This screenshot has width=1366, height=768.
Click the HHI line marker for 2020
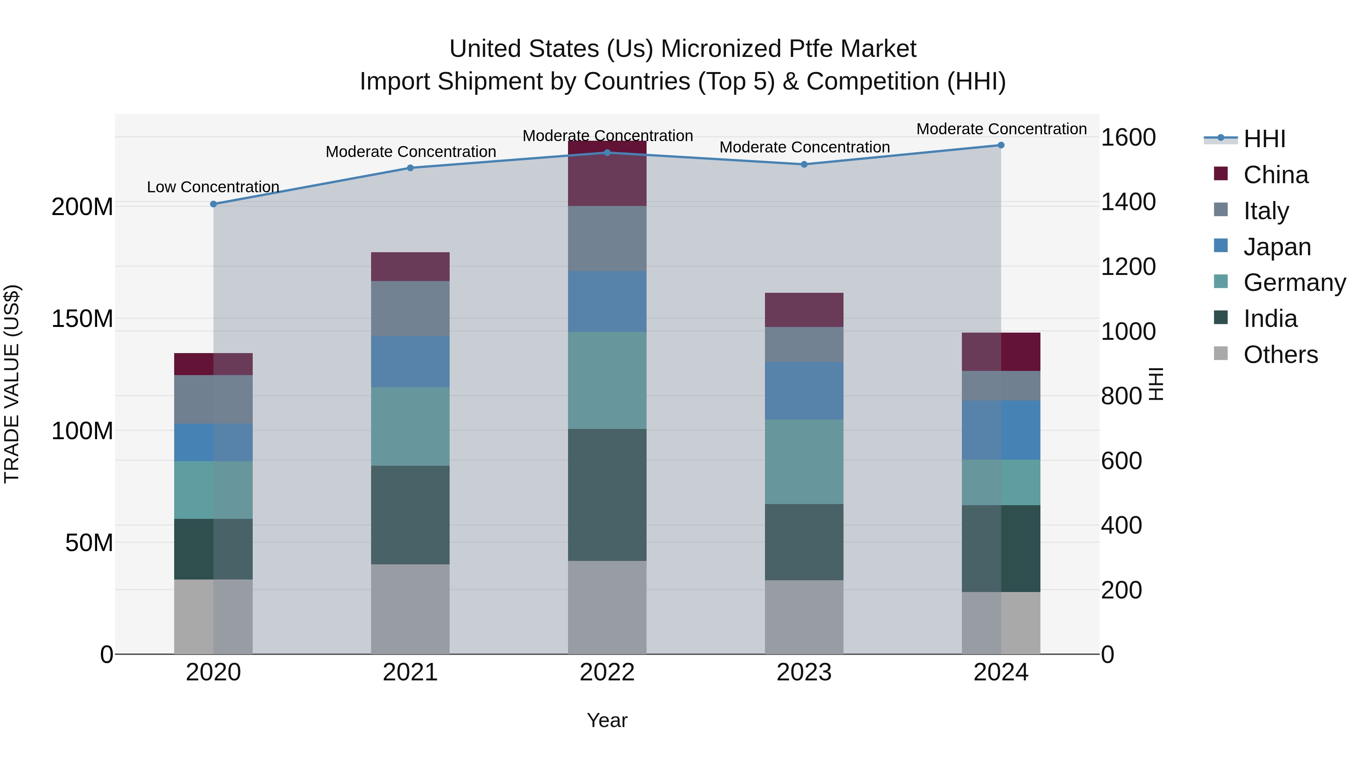click(x=214, y=204)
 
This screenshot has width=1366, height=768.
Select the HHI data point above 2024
click(x=1001, y=145)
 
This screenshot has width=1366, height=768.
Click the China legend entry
click(x=1275, y=175)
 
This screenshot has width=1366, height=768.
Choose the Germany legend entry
click(x=1294, y=283)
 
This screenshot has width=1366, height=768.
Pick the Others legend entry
click(x=1280, y=355)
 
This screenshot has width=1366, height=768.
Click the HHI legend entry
click(x=1264, y=139)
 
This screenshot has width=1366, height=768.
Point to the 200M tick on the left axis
click(x=82, y=207)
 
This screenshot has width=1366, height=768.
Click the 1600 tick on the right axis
click(x=1128, y=138)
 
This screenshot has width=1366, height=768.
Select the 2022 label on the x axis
click(x=607, y=672)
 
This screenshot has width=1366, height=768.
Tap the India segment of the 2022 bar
click(x=607, y=495)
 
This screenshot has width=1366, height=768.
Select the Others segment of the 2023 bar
click(x=804, y=617)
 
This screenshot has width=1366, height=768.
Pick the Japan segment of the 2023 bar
click(x=804, y=391)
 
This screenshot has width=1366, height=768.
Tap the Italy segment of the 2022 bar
click(x=607, y=239)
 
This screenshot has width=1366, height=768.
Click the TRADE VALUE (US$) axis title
click(x=12, y=384)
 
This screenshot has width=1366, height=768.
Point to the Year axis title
click(x=607, y=720)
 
